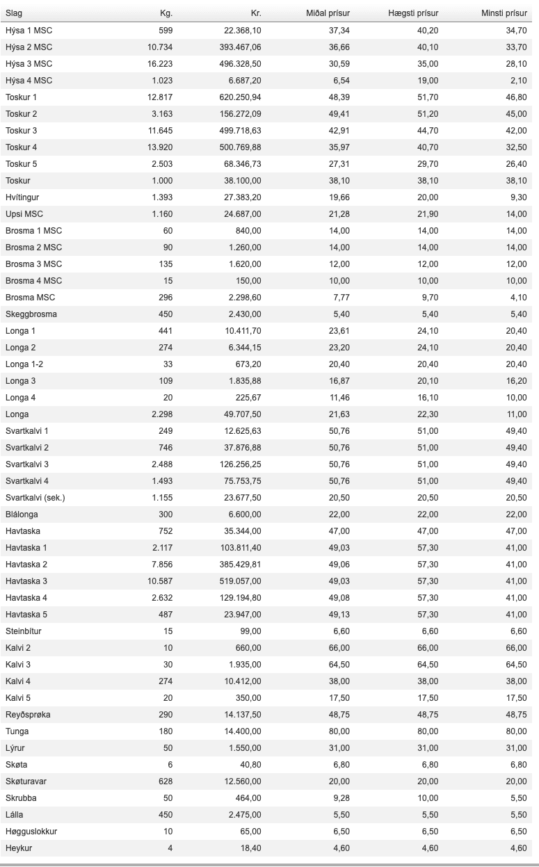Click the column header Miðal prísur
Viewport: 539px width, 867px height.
[328, 13]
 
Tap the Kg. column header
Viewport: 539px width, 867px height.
[166, 13]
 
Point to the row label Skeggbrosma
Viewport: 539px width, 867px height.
[31, 314]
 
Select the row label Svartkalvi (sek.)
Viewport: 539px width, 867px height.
[35, 498]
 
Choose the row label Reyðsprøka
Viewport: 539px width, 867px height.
[27, 715]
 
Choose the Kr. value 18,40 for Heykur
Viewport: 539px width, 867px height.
[250, 848]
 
